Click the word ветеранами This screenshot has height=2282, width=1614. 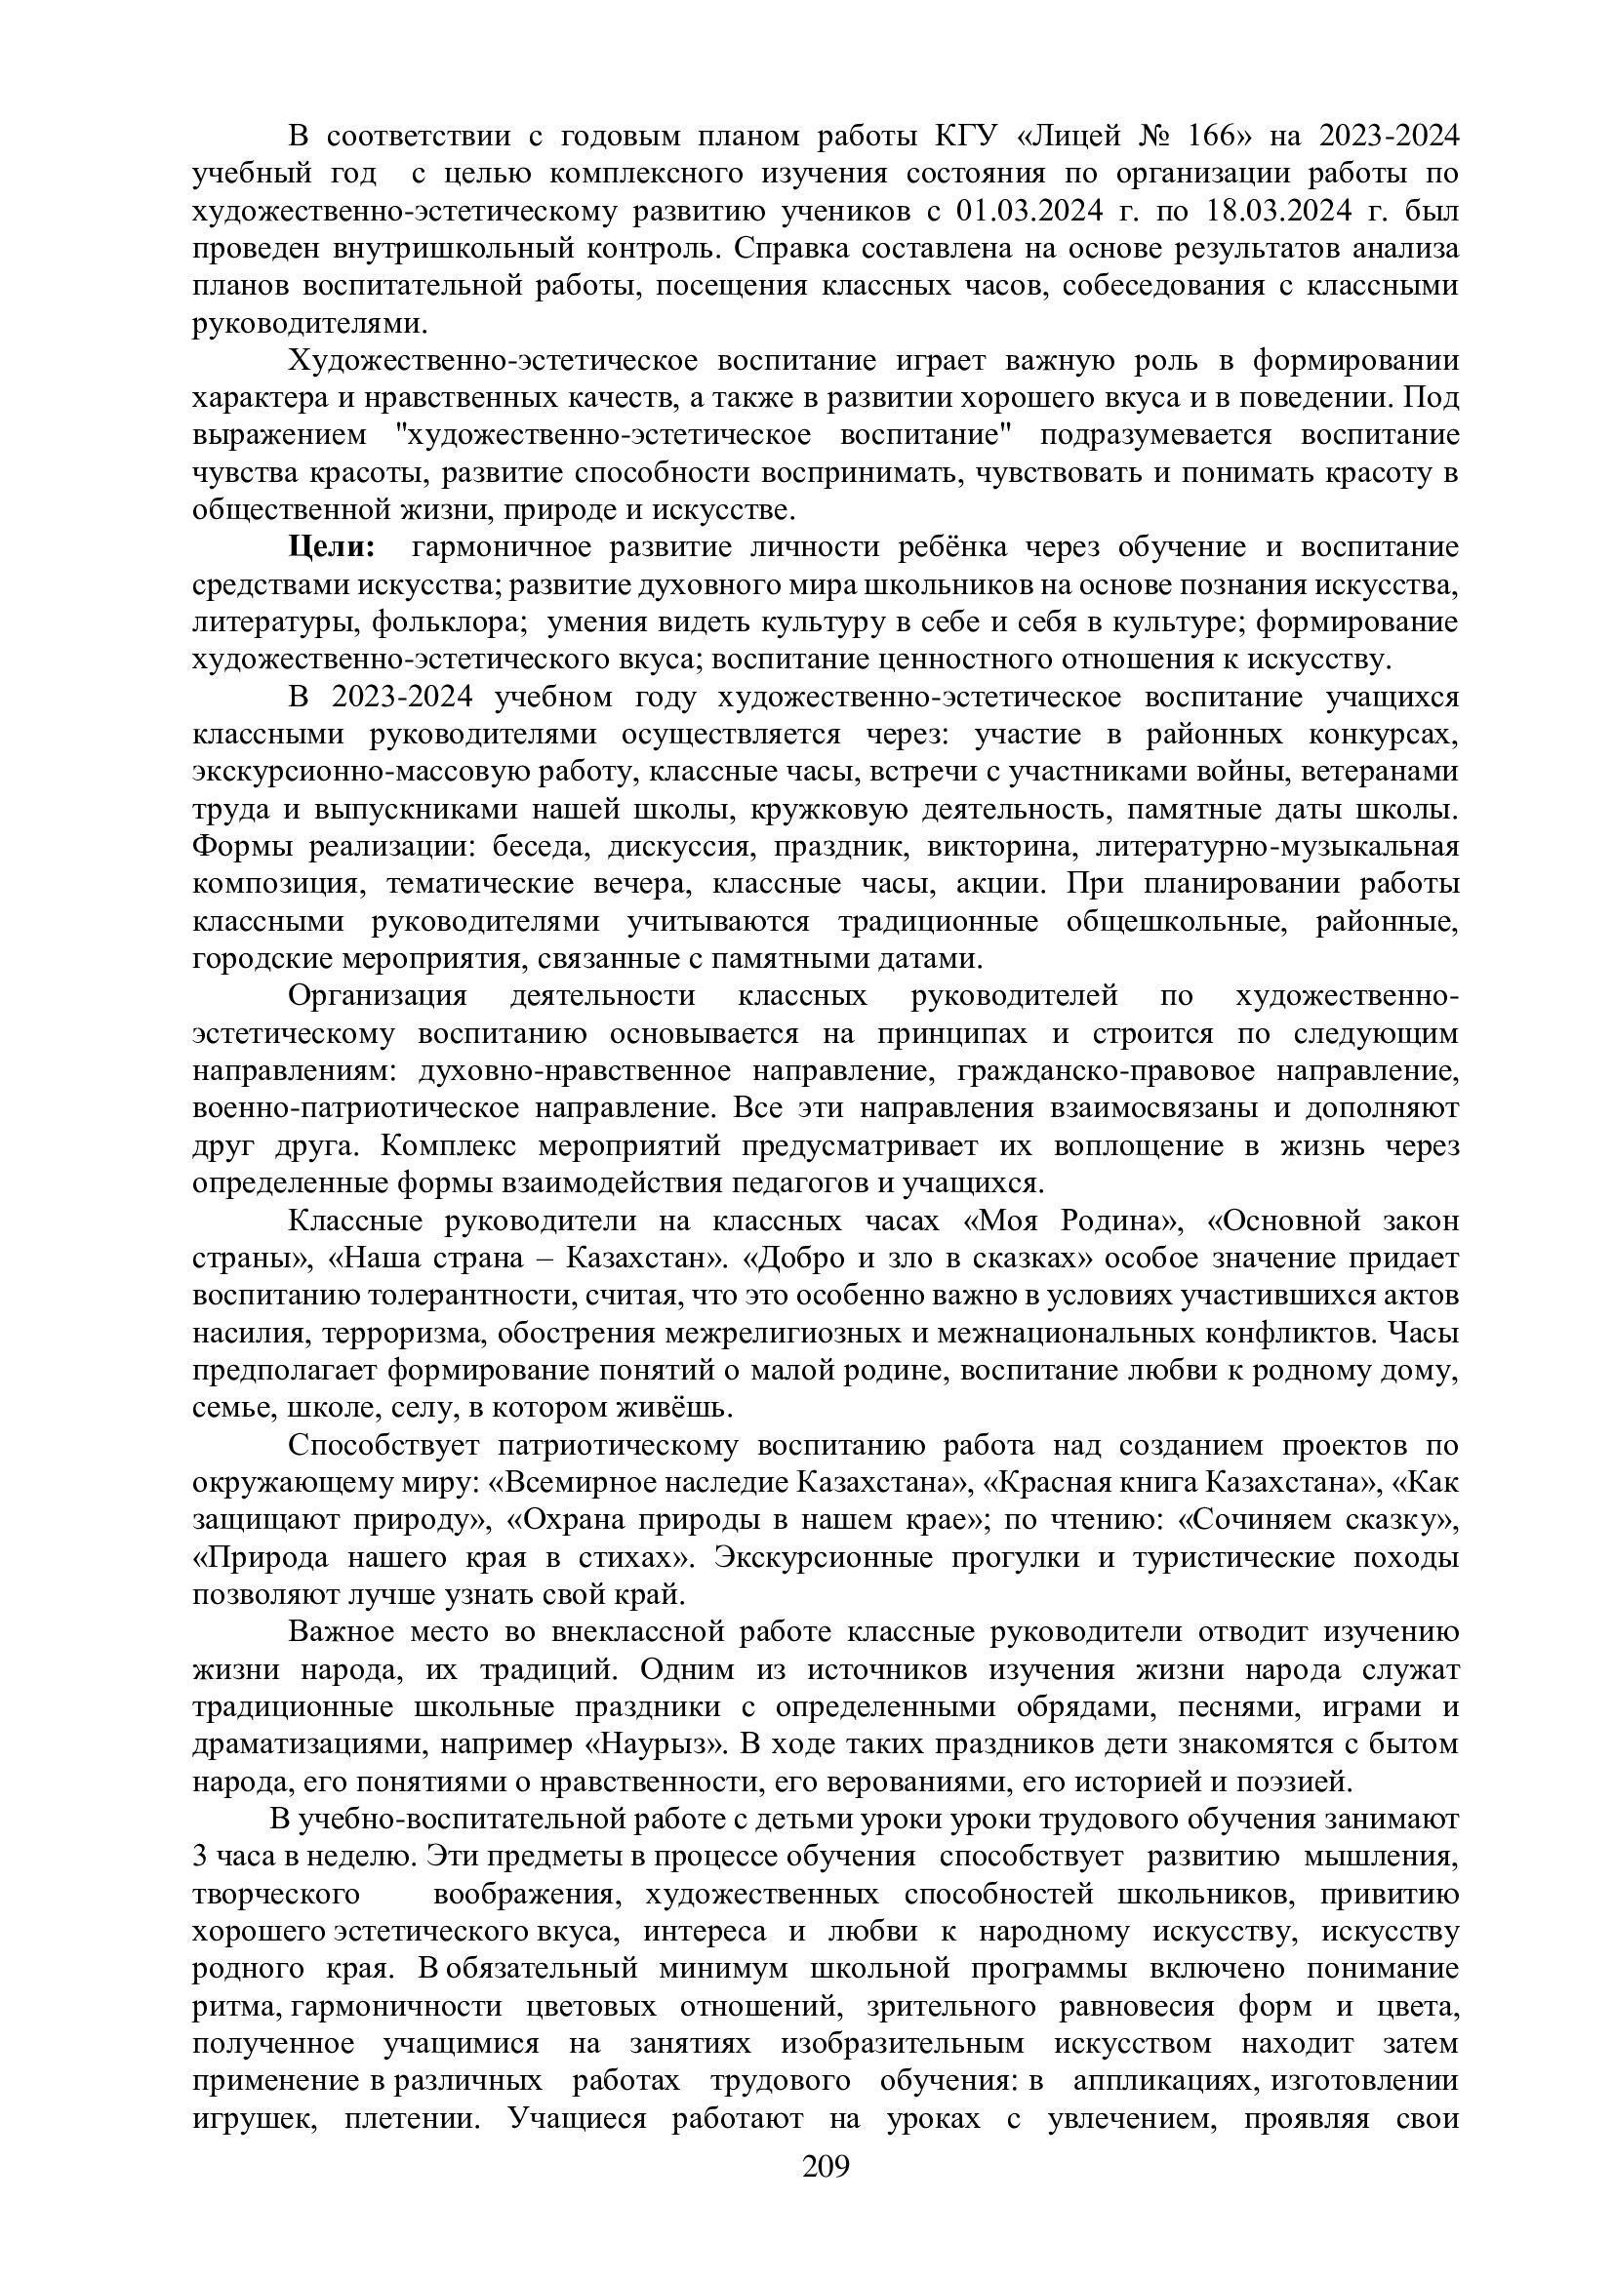[1379, 772]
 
